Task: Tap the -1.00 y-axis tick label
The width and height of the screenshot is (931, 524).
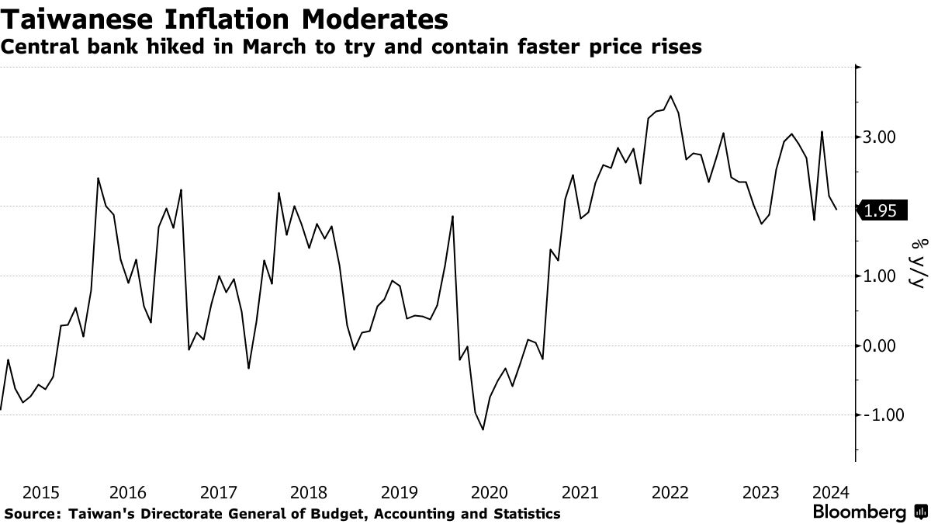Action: [879, 415]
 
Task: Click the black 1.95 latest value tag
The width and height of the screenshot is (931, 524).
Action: [881, 210]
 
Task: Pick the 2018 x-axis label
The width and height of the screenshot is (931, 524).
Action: [309, 492]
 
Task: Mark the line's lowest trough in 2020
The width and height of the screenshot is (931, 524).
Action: [483, 429]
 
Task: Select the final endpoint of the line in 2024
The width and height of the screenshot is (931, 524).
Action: [836, 210]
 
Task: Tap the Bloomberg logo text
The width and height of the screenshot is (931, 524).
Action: [859, 512]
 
